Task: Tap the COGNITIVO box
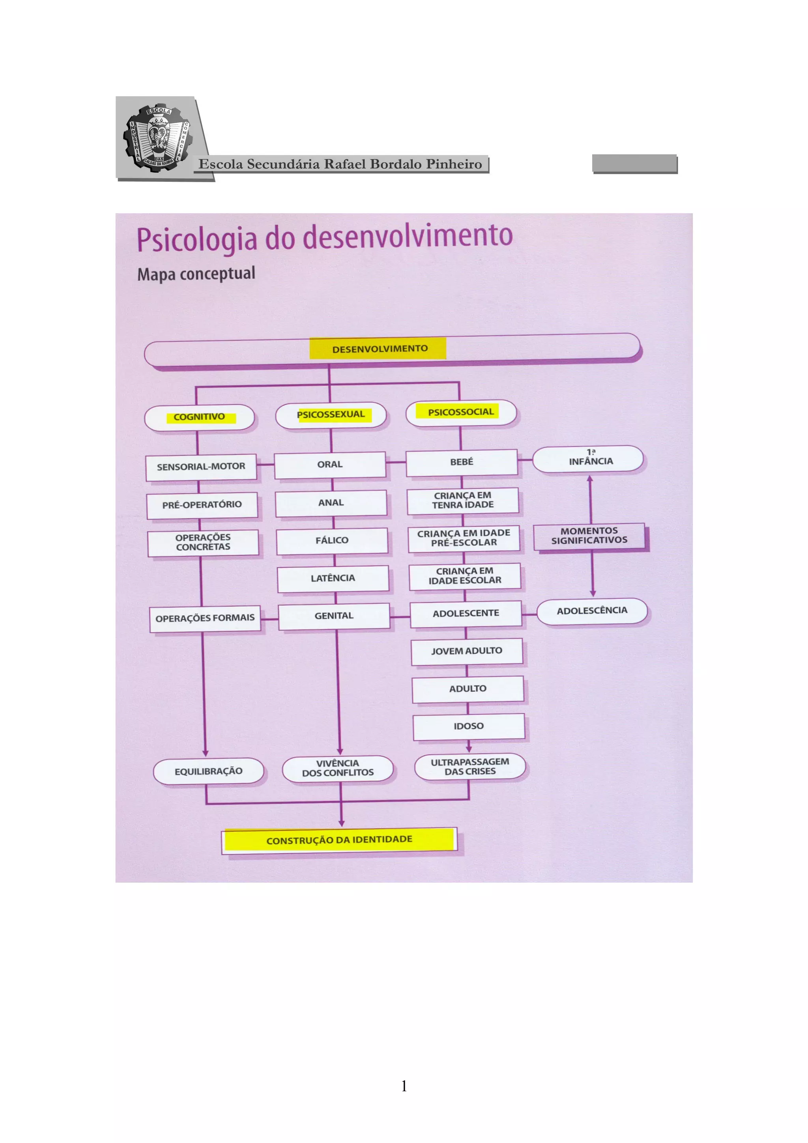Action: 199,417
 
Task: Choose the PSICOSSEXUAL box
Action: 331,415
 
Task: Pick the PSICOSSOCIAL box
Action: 461,412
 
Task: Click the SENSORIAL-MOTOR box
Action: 201,467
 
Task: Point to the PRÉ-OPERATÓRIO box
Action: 202,505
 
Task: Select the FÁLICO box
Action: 332,541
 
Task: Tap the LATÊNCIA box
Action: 333,579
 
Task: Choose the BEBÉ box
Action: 462,463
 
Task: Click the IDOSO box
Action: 468,727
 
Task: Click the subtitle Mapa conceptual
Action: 196,274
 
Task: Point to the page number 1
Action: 404,1086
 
